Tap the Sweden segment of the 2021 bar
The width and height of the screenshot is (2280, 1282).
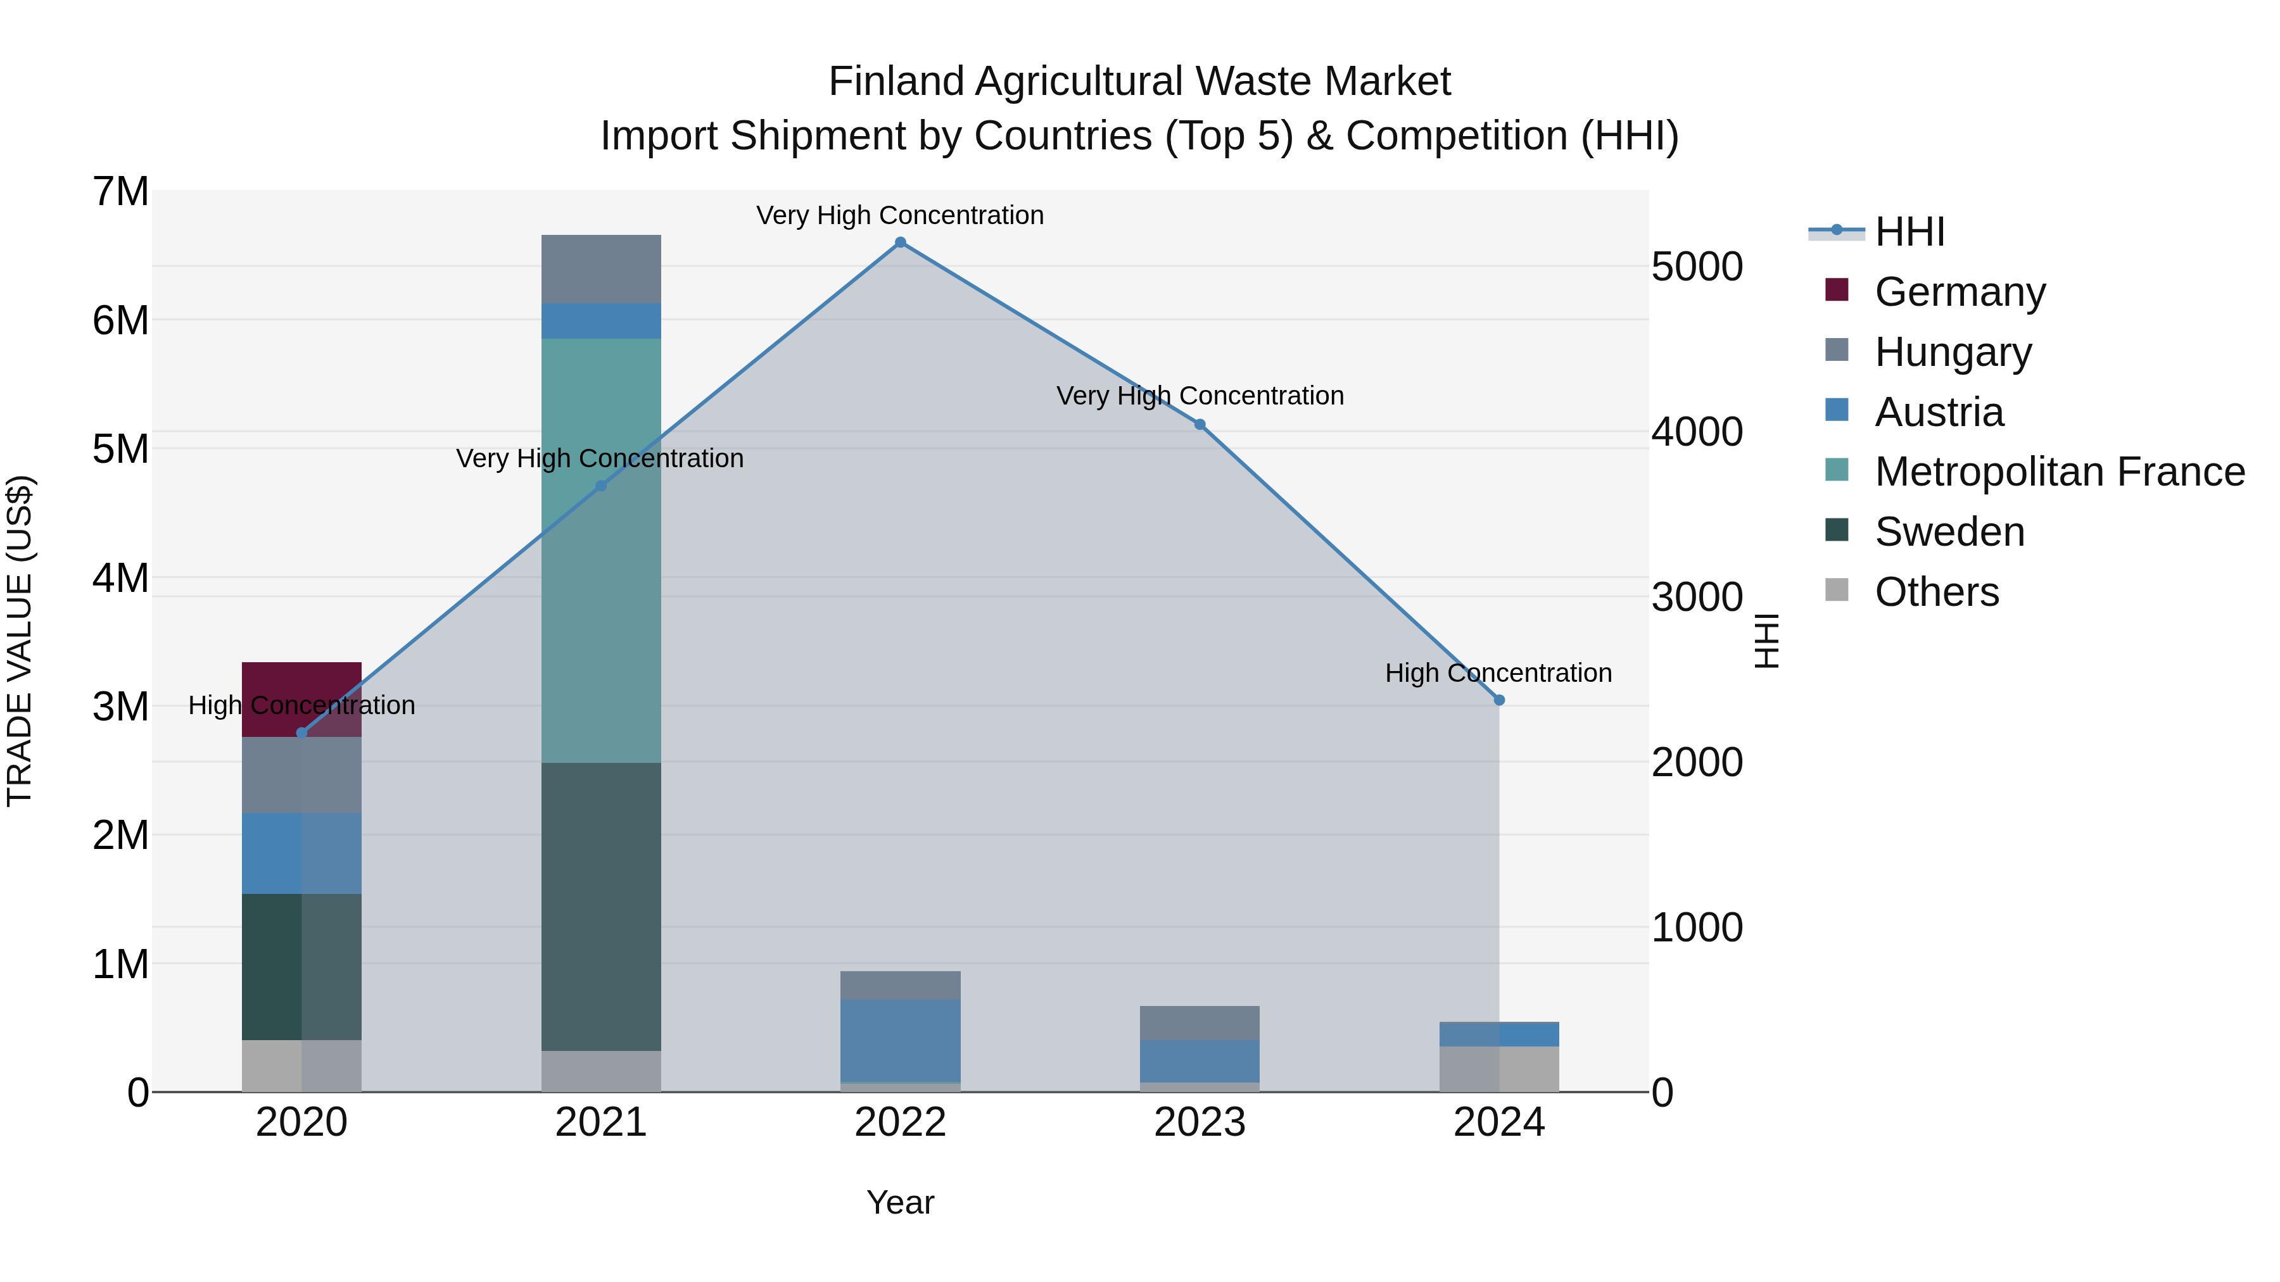click(601, 906)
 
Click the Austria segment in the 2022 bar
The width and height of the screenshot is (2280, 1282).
click(900, 1040)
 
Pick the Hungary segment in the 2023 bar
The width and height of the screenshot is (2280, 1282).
click(1200, 1023)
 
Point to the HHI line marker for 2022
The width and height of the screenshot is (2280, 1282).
click(900, 242)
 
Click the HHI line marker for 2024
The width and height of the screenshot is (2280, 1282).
click(1499, 700)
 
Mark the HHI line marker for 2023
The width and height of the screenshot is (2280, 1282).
click(1200, 425)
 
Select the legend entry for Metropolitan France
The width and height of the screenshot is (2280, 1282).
click(2060, 472)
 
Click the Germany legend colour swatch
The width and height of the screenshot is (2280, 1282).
click(1837, 290)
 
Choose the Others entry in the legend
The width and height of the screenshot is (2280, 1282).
click(1937, 592)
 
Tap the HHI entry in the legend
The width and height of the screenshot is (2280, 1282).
click(1909, 232)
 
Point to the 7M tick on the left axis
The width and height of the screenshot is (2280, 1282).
click(121, 192)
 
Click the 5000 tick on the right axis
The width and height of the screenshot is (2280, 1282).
click(1697, 267)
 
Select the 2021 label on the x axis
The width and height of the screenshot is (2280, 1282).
click(601, 1122)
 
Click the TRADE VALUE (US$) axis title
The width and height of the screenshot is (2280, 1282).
click(20, 641)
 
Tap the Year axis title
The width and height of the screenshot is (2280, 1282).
click(900, 1202)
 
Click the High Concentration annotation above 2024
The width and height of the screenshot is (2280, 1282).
click(1498, 674)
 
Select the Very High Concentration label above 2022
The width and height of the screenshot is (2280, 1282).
click(900, 216)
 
